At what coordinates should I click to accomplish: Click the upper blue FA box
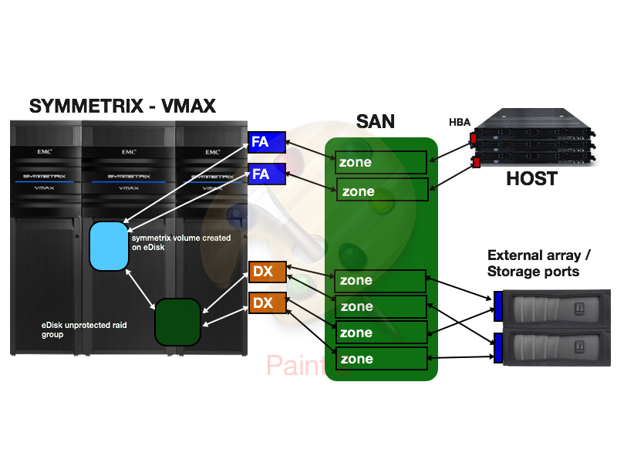pos(267,142)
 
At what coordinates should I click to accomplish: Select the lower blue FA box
pos(267,174)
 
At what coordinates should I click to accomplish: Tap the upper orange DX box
pos(267,272)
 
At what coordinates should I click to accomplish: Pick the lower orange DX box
pos(267,302)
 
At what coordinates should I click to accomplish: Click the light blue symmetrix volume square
pos(109,245)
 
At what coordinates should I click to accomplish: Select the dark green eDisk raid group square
pos(177,321)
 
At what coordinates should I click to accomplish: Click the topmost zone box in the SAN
pos(381,162)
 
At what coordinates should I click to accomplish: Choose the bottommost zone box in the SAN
pos(381,359)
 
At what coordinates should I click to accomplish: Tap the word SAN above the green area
pos(376,121)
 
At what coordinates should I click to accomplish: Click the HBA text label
pos(460,122)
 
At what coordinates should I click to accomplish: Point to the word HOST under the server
pos(531,179)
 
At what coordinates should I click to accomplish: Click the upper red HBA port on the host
pos(472,139)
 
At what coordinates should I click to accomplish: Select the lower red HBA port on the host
pos(477,162)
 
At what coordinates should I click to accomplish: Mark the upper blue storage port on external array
pos(497,306)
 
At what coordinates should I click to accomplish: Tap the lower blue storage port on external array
pos(497,349)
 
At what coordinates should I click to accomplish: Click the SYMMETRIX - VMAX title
pos(123,106)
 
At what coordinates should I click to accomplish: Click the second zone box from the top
pos(381,191)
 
